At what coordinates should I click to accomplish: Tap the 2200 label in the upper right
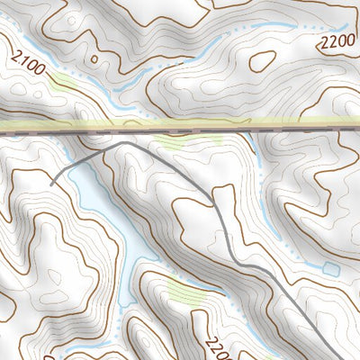click(336, 41)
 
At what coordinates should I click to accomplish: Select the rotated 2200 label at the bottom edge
click(214, 346)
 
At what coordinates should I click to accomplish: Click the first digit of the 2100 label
click(17, 57)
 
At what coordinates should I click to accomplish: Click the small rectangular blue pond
click(330, 268)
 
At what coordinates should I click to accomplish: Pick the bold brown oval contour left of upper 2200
click(262, 60)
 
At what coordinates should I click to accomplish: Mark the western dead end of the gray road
click(51, 184)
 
